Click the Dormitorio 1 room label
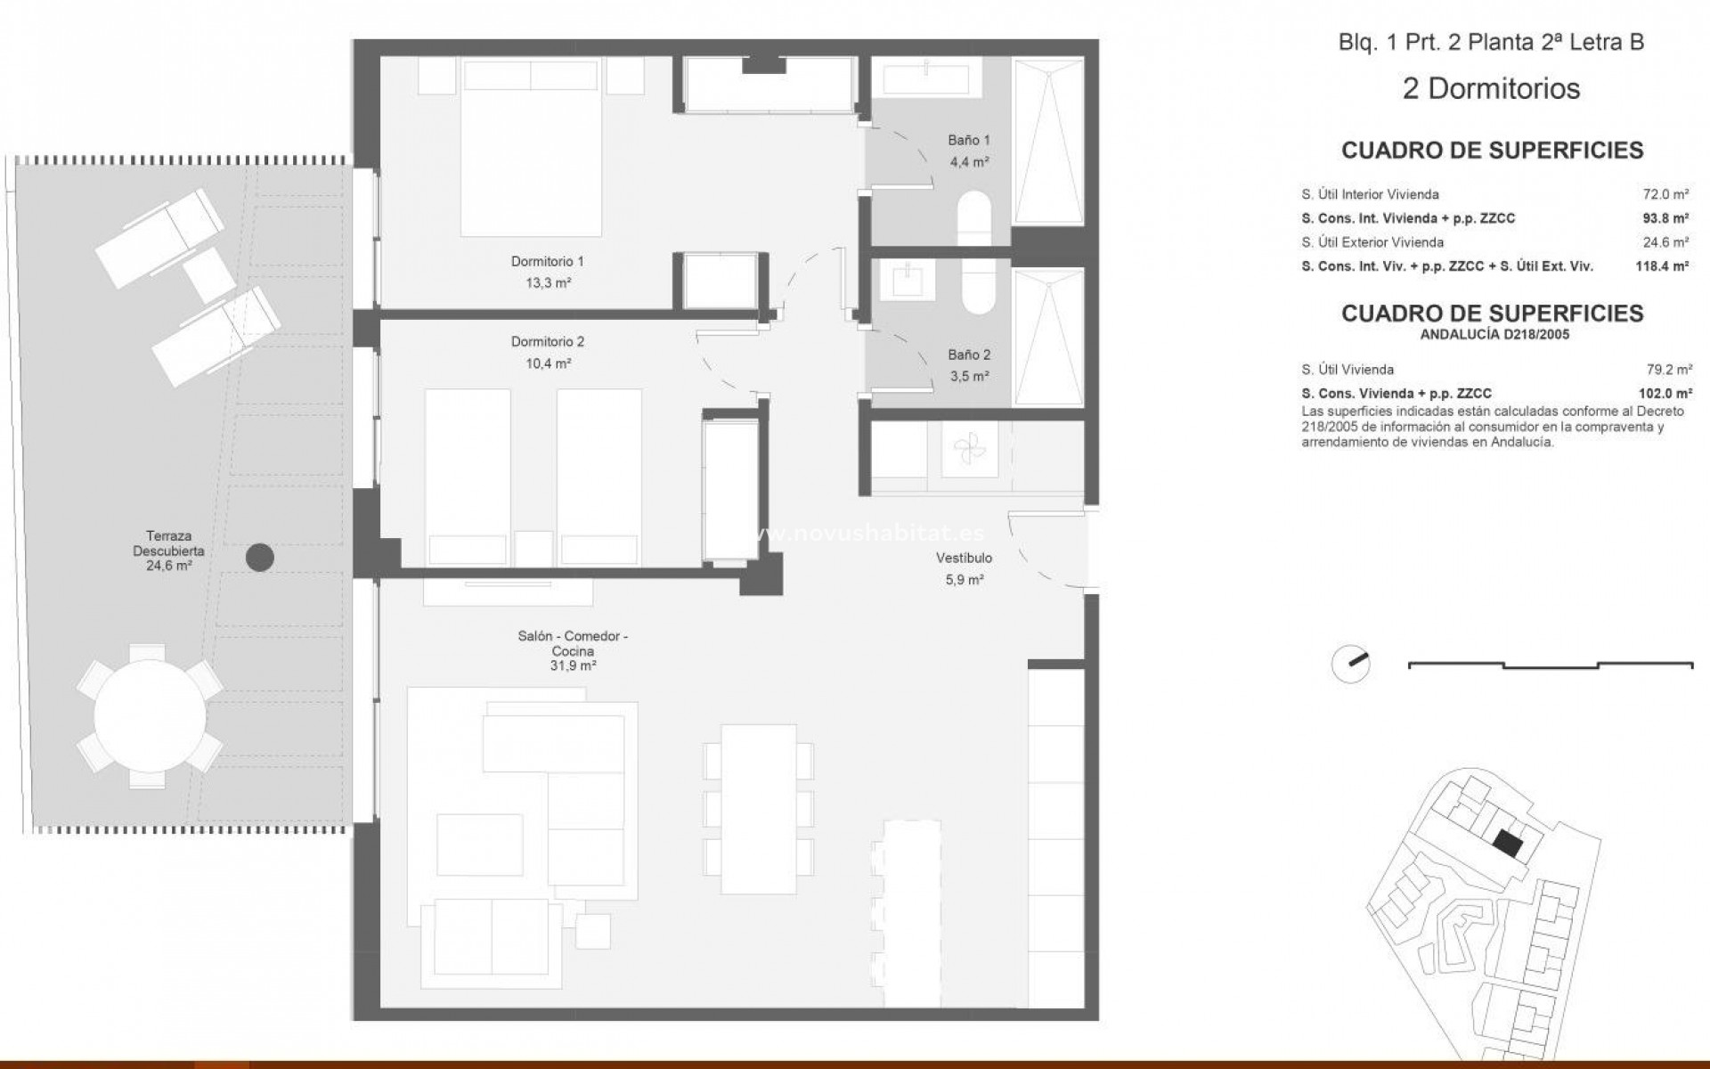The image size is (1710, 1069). point(547,262)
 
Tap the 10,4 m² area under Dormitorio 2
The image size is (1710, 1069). point(548,363)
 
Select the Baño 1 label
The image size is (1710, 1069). point(968,140)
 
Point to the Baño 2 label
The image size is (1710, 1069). point(969,355)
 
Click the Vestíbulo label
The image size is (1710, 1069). point(964,559)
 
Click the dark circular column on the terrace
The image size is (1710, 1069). point(259,558)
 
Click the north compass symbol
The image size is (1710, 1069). point(1350,664)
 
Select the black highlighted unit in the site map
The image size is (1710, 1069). point(1508,842)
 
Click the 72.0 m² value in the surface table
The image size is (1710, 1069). point(1665,194)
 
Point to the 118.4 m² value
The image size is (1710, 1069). point(1662,265)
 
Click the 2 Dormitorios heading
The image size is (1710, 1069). point(1491,89)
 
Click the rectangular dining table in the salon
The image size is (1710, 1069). point(758,809)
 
